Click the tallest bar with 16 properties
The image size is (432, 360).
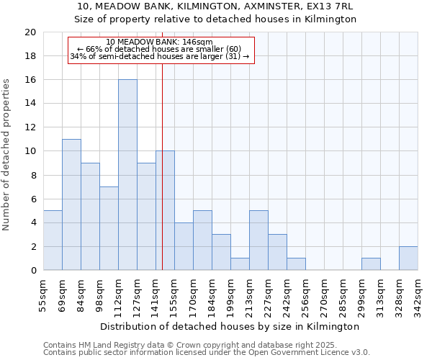(x=127, y=175)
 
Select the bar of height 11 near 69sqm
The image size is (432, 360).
(x=71, y=204)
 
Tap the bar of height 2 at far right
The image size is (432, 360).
(x=408, y=258)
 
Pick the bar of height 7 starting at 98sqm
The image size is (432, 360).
(x=109, y=228)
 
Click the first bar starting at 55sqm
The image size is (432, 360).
(x=53, y=240)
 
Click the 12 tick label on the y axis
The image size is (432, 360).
(x=30, y=127)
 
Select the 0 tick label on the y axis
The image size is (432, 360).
(x=32, y=271)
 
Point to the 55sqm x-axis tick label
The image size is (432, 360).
(x=43, y=297)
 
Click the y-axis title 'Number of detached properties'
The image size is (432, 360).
(x=7, y=154)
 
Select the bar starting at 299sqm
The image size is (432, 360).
(x=371, y=264)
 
